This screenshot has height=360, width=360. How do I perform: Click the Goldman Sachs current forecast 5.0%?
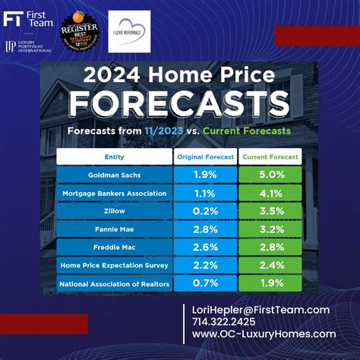(271, 175)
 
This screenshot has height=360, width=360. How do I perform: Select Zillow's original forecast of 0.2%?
(205, 211)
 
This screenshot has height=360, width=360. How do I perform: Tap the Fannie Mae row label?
(114, 229)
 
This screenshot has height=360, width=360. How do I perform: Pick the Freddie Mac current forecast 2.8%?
(271, 248)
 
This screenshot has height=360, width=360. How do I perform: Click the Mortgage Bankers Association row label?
(114, 193)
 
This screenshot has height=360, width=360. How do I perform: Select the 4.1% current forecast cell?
(271, 193)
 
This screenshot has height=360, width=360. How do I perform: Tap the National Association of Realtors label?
(114, 284)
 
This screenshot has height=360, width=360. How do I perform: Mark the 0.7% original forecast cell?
(205, 284)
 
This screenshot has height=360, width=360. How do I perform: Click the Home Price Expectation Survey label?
(114, 266)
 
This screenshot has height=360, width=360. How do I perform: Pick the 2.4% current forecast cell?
(271, 266)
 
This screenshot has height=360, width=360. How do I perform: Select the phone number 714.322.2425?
(225, 322)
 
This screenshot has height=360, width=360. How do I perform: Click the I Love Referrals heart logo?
(129, 30)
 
